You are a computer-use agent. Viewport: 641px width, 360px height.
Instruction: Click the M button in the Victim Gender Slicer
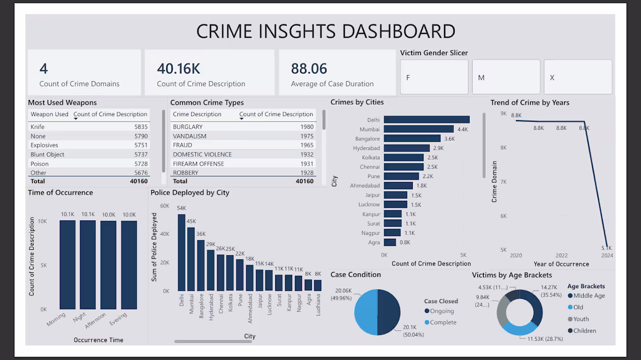[x=506, y=77]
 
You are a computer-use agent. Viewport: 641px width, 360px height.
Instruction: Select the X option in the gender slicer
[x=578, y=77]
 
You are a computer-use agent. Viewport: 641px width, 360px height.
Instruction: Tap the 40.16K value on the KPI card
[x=179, y=69]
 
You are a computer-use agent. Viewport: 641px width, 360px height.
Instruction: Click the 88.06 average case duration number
[x=309, y=69]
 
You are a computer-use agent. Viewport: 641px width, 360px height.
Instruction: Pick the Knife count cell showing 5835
[x=141, y=127]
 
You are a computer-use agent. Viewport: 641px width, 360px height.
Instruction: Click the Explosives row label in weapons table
[x=44, y=145]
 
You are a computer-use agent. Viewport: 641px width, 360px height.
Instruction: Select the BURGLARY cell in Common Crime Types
[x=188, y=127]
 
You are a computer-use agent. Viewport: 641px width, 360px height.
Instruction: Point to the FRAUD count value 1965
[x=307, y=145]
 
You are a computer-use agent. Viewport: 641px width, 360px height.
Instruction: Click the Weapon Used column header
[x=50, y=114]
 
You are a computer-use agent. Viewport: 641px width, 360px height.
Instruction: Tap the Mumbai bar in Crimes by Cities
[x=419, y=129]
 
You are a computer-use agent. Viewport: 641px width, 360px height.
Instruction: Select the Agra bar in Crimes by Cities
[x=390, y=242]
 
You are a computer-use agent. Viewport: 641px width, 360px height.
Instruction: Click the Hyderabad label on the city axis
[x=366, y=148]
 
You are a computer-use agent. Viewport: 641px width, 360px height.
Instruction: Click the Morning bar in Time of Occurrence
[x=68, y=264]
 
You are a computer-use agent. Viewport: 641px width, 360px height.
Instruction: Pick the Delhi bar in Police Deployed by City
[x=182, y=252]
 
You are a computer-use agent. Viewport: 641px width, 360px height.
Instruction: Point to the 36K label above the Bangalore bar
[x=201, y=234]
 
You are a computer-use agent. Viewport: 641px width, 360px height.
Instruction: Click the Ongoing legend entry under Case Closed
[x=439, y=311]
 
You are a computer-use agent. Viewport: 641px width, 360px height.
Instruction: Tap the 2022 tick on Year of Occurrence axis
[x=562, y=255]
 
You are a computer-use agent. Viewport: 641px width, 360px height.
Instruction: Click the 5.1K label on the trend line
[x=606, y=248]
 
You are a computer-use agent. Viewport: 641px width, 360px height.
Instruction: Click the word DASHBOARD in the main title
[x=398, y=31]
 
